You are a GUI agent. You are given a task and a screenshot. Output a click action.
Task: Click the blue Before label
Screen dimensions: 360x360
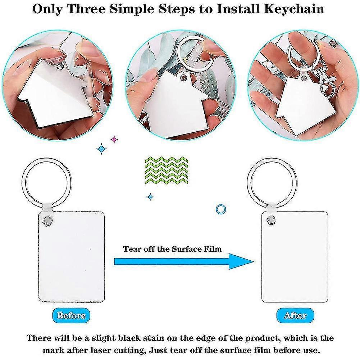pos(71,315)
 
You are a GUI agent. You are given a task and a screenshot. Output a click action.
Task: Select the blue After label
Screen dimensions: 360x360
pos(295,315)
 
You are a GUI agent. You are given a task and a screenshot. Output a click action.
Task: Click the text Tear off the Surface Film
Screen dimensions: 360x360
pos(172,249)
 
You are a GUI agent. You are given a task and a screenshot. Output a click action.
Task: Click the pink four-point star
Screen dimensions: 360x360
pos(114,139)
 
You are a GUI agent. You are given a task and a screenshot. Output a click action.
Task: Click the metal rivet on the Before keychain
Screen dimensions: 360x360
pos(46,219)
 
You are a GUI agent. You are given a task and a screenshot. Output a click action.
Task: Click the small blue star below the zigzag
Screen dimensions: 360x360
pos(150,197)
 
